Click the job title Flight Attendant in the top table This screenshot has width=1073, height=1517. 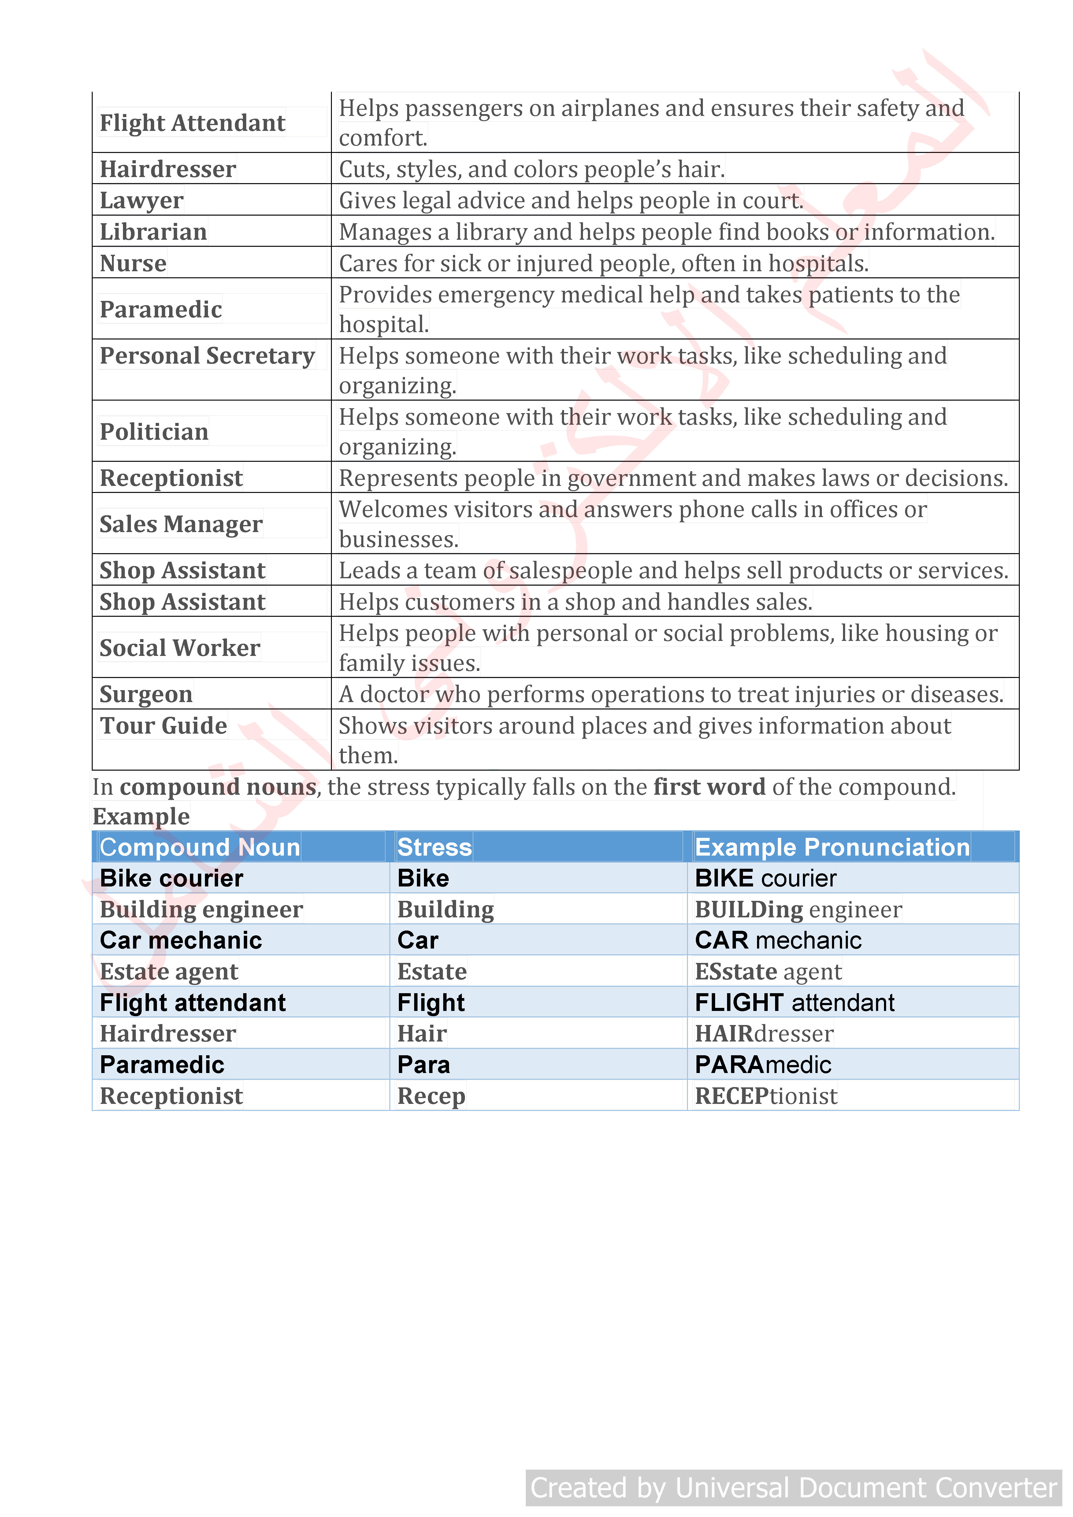(192, 123)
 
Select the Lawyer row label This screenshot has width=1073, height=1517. (141, 200)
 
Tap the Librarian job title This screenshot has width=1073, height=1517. (153, 232)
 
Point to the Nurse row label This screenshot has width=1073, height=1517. (133, 263)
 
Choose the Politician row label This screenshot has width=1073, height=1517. (154, 431)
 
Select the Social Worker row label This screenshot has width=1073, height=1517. (180, 648)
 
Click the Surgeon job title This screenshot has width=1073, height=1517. (146, 694)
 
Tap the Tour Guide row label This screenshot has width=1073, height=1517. (163, 725)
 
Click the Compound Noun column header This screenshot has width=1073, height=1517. (199, 847)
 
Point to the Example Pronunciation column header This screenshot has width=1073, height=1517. (832, 847)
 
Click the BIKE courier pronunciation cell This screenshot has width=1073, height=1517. (765, 878)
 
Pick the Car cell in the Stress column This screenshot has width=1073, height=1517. (418, 940)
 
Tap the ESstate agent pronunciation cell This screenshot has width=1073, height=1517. (768, 971)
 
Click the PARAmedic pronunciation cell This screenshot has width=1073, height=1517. (763, 1064)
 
